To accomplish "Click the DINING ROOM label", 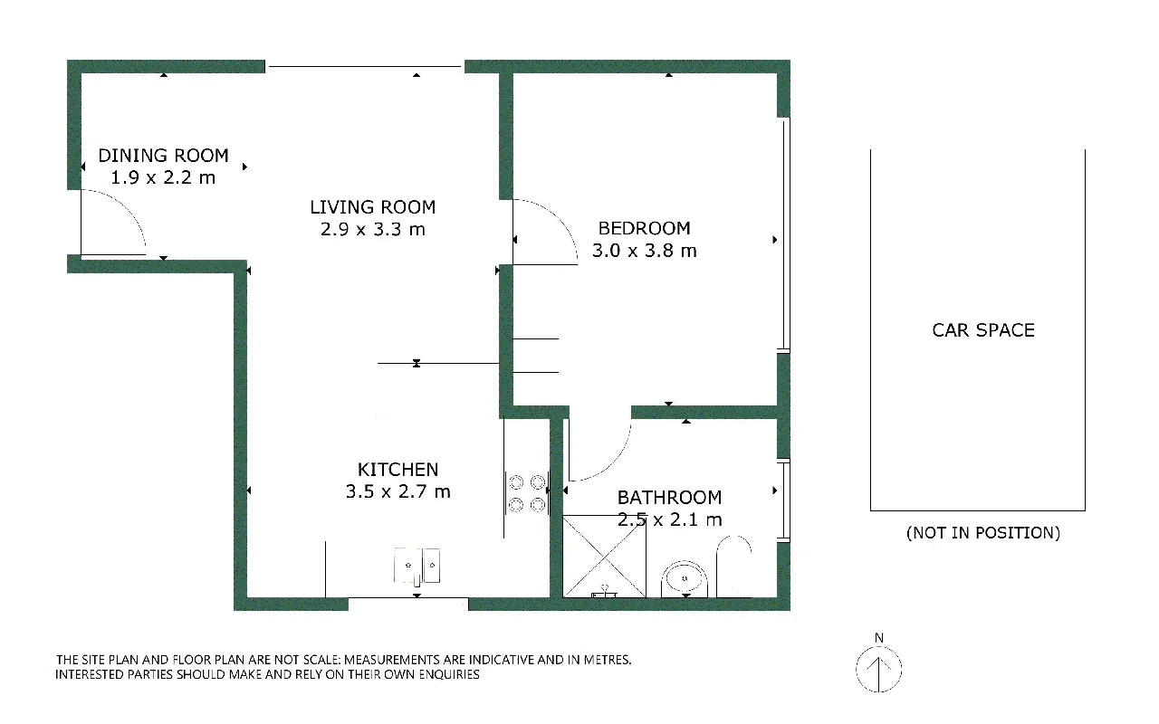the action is tap(164, 155).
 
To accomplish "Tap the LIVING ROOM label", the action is tap(372, 207).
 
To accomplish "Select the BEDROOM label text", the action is tap(644, 228).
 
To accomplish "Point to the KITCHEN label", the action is tap(398, 470).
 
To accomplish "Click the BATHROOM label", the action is tap(669, 498).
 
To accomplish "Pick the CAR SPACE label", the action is tap(983, 330).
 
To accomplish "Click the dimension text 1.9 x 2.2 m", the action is tap(163, 178).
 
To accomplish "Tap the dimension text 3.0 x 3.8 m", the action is tap(644, 251).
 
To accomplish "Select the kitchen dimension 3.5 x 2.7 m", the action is tap(398, 491).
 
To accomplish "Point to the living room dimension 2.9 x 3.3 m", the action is tap(372, 229).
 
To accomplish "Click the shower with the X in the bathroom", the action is tap(604, 557).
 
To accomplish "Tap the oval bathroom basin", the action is tap(685, 578).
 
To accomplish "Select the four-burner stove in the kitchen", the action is tap(527, 493).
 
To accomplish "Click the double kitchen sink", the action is tap(417, 567).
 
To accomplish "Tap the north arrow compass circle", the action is tap(878, 669).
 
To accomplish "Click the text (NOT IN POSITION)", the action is tap(983, 533).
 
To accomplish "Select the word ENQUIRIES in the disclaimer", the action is tap(448, 675).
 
